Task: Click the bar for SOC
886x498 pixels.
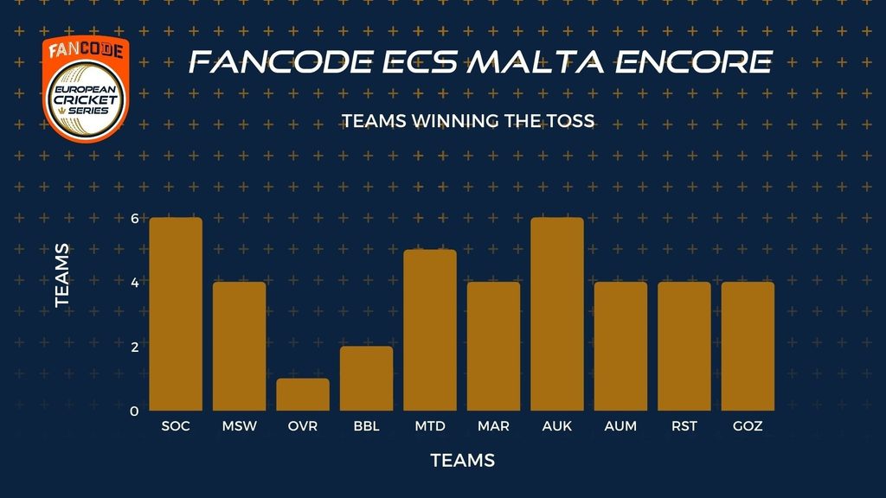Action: pos(176,314)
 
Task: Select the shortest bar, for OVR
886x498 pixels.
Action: pos(303,394)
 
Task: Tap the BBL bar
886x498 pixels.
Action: pos(366,379)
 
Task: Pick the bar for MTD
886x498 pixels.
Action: pos(430,330)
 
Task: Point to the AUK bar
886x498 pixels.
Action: pos(557,314)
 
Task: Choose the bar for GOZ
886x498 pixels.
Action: pos(748,346)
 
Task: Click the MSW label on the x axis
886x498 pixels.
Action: pos(239,426)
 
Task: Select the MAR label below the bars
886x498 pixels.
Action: pos(493,426)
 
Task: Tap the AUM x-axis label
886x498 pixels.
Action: pos(620,426)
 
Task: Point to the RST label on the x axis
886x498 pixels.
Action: pos(684,426)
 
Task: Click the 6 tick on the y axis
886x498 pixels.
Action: pos(134,218)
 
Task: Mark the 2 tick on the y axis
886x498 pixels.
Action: pos(134,347)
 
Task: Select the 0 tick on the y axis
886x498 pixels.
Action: pos(134,411)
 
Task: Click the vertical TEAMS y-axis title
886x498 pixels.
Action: pos(62,276)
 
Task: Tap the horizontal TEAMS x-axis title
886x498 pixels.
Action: pos(463,460)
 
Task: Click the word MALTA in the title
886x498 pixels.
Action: pos(536,61)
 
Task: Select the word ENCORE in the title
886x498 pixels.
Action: pos(693,61)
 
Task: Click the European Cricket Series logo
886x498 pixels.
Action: pos(86,100)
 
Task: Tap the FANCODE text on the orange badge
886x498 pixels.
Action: pos(86,50)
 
